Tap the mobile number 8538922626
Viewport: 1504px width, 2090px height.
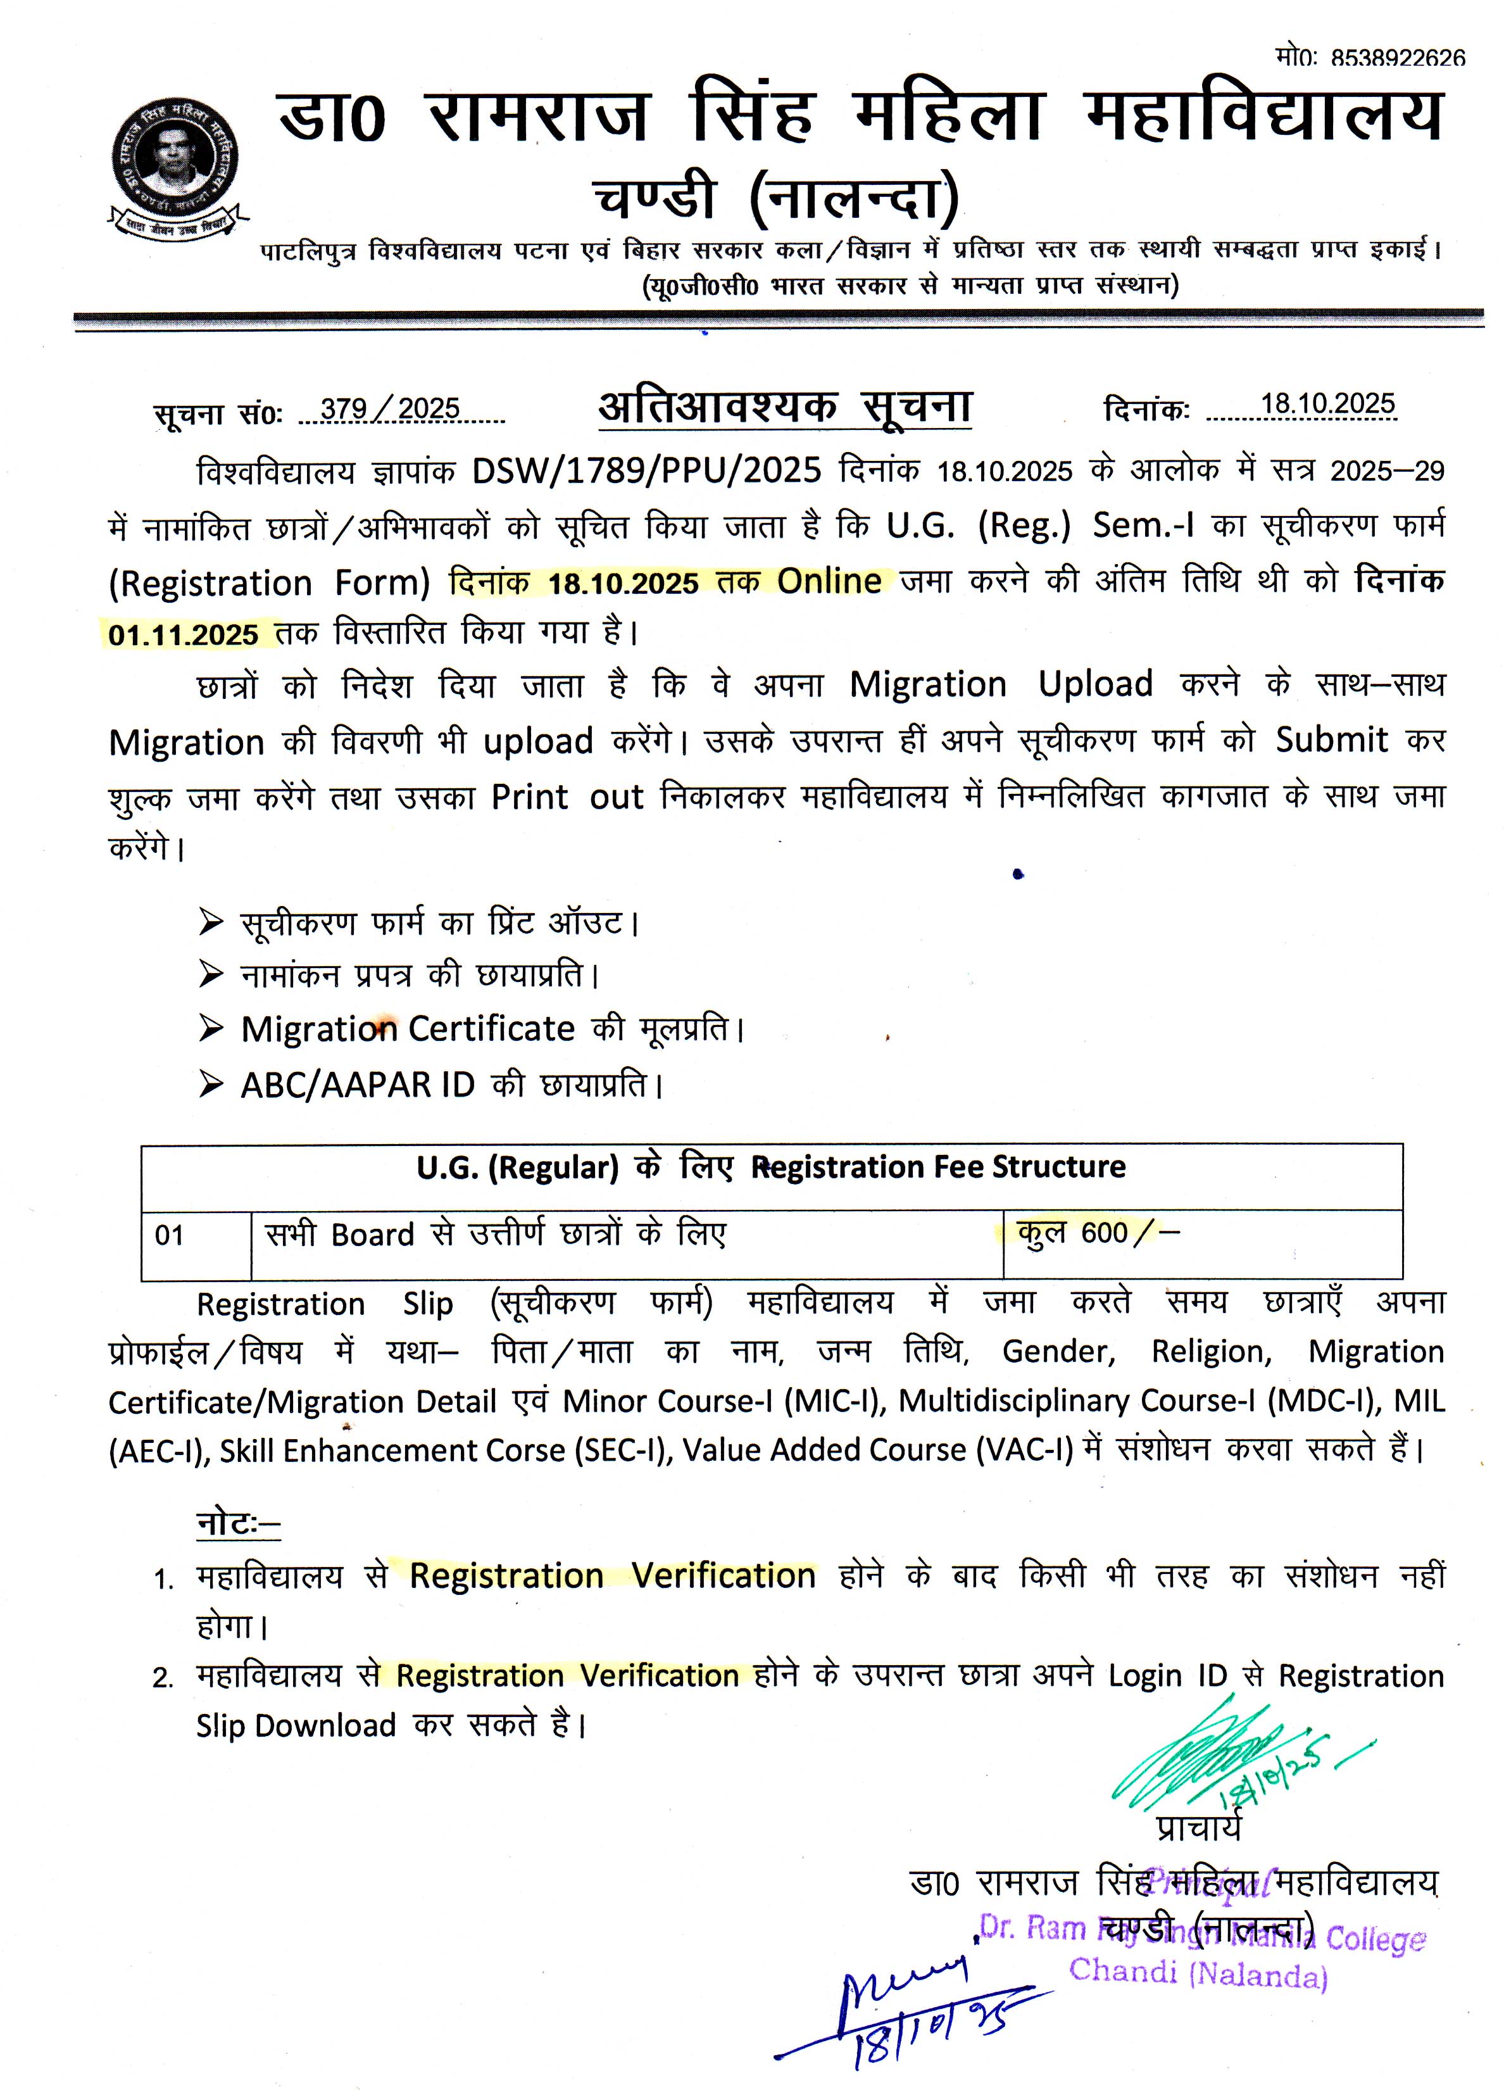coord(1398,58)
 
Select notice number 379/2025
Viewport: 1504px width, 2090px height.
coord(390,408)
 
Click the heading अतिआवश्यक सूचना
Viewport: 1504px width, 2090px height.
coord(785,406)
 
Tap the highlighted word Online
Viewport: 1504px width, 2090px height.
coord(829,581)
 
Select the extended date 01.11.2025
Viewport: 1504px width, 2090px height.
coord(184,635)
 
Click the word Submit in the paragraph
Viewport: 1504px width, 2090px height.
coord(1331,739)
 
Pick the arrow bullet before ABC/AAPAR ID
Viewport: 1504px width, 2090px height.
coord(211,1085)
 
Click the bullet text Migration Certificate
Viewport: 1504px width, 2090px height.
coord(408,1028)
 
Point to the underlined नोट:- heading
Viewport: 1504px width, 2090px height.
coord(238,1522)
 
